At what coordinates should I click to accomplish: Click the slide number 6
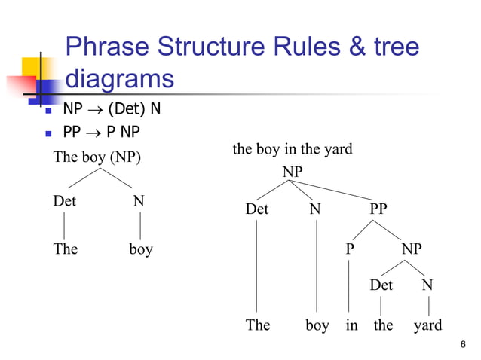pyautogui.click(x=462, y=344)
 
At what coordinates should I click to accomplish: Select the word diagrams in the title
pyautogui.click(x=120, y=78)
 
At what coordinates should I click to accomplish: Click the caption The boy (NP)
pyautogui.click(x=97, y=158)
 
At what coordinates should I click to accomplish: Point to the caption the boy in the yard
pyautogui.click(x=293, y=149)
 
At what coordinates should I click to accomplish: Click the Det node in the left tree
pyautogui.click(x=64, y=202)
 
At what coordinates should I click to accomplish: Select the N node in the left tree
pyautogui.click(x=139, y=202)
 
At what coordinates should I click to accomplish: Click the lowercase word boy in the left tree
pyautogui.click(x=140, y=249)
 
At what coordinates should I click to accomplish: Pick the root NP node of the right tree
pyautogui.click(x=293, y=172)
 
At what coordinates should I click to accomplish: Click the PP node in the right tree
pyautogui.click(x=378, y=209)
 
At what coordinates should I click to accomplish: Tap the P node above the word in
pyautogui.click(x=349, y=249)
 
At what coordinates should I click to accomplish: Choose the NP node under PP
pyautogui.click(x=412, y=249)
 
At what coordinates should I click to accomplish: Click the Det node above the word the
pyautogui.click(x=381, y=285)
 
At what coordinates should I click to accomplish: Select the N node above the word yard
pyautogui.click(x=427, y=285)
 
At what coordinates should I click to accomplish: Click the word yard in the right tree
pyautogui.click(x=428, y=325)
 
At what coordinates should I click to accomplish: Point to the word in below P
pyautogui.click(x=351, y=325)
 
